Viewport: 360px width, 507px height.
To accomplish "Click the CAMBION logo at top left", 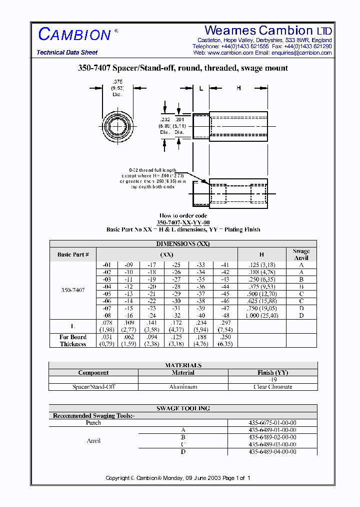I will point(75,35).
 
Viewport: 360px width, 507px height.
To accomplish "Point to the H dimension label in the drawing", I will point(238,88).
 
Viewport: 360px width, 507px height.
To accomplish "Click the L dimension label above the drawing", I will point(200,89).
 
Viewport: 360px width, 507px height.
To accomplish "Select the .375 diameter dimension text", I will point(117,82).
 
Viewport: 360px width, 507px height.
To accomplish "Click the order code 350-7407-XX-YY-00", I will point(183,222).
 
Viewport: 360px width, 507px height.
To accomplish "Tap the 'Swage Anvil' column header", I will point(301,255).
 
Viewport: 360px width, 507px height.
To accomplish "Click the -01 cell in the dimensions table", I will point(106,265).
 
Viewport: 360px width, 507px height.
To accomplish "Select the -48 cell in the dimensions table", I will point(225,316).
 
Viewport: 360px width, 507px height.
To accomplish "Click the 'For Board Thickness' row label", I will point(73,341).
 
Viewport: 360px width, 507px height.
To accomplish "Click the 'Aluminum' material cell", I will point(183,387).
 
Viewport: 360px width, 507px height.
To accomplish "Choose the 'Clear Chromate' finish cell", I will point(272,387).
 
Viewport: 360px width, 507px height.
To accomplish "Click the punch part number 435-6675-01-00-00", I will point(272,423).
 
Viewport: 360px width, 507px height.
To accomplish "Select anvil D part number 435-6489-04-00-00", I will point(272,451).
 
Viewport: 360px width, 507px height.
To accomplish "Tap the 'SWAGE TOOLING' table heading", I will point(183,408).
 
